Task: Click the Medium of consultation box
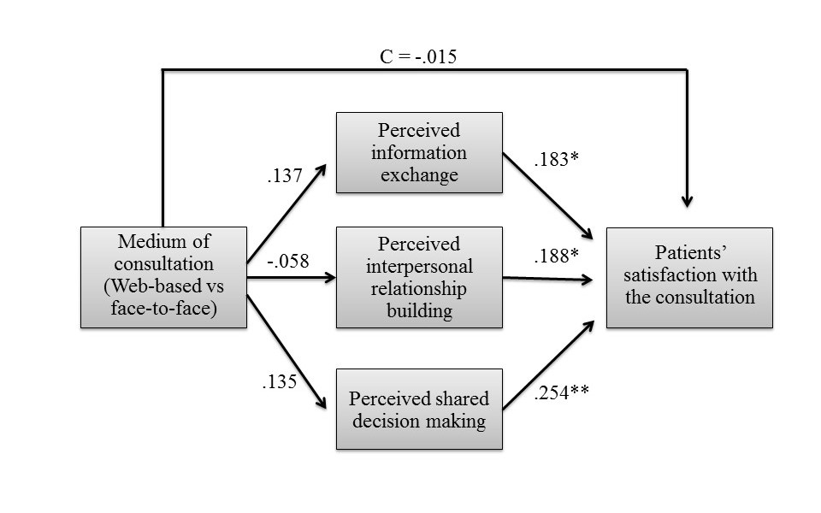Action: (163, 277)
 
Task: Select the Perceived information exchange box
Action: (418, 153)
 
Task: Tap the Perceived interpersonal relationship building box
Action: (418, 277)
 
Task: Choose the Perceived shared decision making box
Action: (418, 410)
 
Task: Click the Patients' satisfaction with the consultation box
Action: (689, 277)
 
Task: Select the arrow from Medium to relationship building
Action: (291, 277)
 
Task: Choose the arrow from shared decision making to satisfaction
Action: (547, 366)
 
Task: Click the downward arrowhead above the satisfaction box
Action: (687, 200)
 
